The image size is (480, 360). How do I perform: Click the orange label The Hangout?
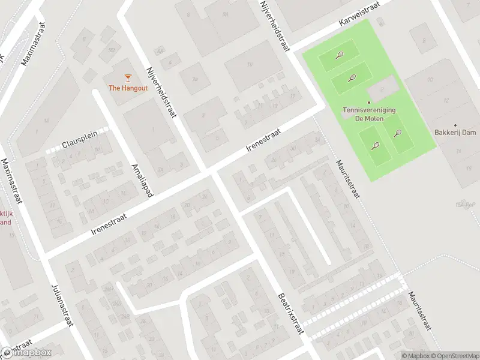click(x=127, y=88)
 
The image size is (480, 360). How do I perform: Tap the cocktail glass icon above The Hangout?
click(x=127, y=77)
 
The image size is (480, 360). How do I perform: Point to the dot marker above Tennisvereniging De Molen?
click(x=369, y=103)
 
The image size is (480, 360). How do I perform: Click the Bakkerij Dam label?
click(x=455, y=133)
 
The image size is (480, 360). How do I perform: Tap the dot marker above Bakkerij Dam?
click(x=455, y=124)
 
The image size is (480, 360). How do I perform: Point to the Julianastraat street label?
click(x=62, y=305)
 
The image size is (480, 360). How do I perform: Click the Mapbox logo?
click(x=26, y=352)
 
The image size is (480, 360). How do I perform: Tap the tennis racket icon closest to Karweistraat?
click(x=339, y=56)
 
